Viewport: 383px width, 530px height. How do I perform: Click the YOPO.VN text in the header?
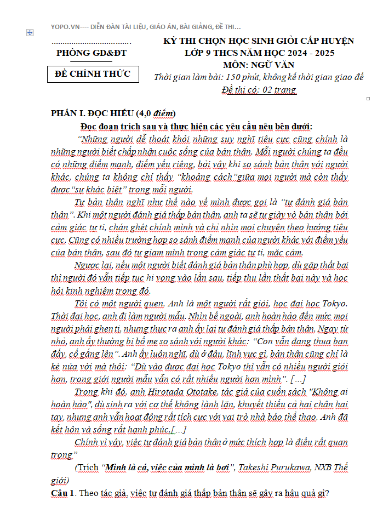(65, 26)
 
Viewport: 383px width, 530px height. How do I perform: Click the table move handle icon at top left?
(30, 33)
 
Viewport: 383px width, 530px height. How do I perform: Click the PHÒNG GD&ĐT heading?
(91, 53)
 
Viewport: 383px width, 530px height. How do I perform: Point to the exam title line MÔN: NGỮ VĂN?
(259, 65)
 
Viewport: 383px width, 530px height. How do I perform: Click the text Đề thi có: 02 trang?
(259, 90)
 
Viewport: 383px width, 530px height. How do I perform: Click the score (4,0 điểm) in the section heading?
(156, 113)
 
